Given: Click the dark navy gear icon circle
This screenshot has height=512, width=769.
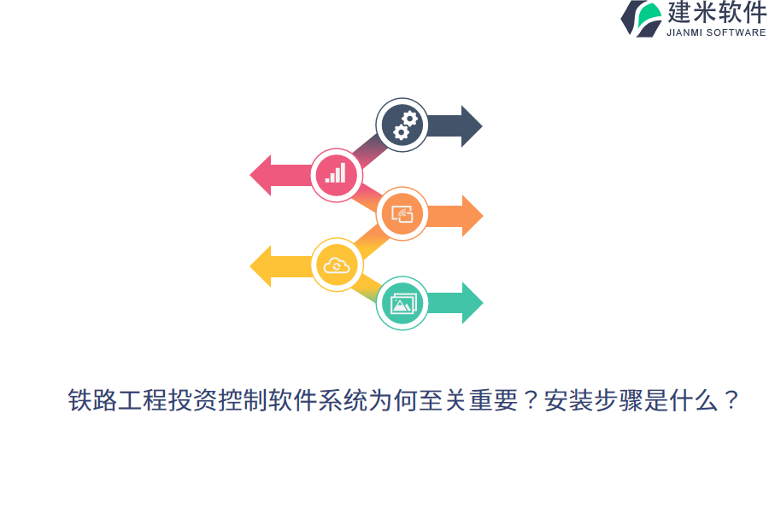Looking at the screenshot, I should pos(402,125).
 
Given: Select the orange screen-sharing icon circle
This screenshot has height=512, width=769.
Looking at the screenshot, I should pos(402,214).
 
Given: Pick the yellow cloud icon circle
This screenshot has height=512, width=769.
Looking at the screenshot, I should pos(337,265).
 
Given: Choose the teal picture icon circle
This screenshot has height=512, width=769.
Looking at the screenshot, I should pos(402,303).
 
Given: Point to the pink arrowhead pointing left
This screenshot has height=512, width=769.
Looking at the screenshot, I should pos(261,175).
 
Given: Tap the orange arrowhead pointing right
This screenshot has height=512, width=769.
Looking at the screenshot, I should pos(471,216).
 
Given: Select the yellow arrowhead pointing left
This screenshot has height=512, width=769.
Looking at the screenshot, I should pos(261,265).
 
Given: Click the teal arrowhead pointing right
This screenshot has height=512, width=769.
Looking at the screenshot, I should pos(471,303).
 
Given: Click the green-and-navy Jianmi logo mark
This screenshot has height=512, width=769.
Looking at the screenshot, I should pos(641,19).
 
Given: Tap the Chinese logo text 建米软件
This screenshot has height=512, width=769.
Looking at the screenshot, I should pos(716,13).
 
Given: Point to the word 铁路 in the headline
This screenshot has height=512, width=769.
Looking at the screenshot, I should pos(92,400).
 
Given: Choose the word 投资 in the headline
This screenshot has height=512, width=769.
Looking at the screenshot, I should pos(193,400).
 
